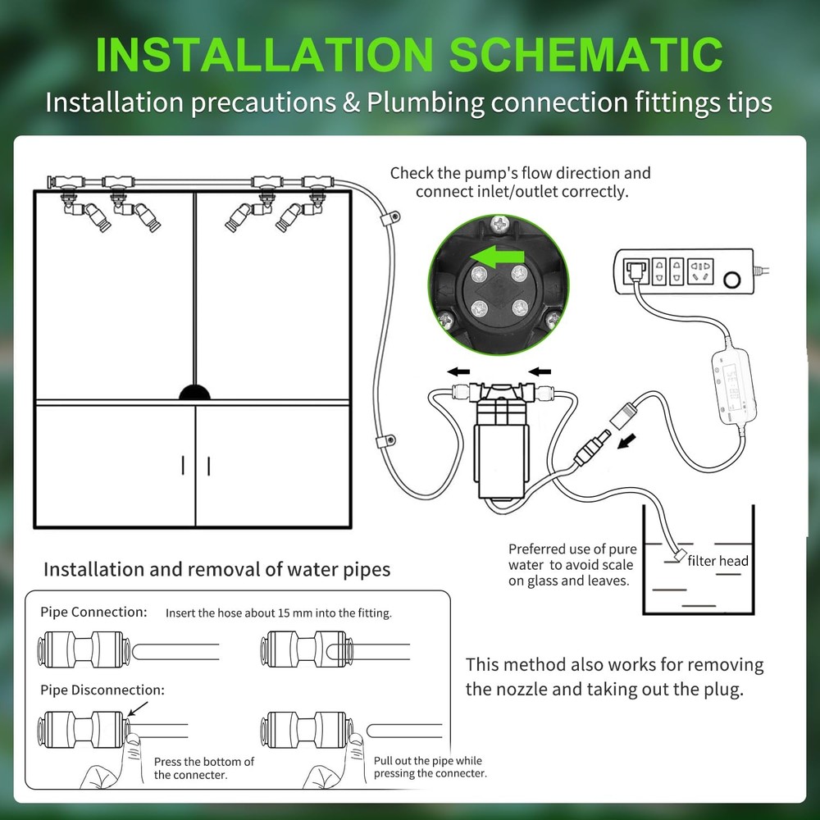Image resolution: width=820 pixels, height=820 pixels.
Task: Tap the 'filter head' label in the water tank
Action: tap(717, 561)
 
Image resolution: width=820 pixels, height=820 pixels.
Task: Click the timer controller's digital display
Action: tap(731, 385)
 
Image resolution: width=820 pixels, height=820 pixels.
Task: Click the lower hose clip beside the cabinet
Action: tap(382, 442)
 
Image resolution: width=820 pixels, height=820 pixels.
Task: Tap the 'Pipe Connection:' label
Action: tap(94, 612)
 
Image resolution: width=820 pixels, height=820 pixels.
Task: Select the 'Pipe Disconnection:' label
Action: tap(102, 690)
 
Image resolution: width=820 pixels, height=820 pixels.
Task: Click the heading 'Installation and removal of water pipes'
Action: tap(216, 568)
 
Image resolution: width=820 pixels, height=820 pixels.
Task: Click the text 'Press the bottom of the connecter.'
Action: tap(203, 768)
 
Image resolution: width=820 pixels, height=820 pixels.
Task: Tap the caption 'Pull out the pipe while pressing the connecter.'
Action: tap(430, 767)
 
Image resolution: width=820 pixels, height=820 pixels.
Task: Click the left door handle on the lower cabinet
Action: tap(182, 466)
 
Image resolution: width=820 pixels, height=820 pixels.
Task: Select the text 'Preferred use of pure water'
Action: tap(568, 557)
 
